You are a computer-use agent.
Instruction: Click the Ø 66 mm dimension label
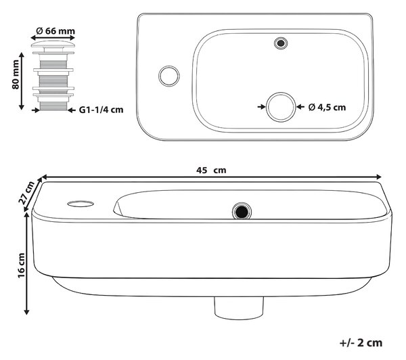click(x=55, y=31)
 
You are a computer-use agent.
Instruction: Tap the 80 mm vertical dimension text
click(x=16, y=74)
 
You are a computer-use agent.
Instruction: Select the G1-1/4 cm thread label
click(x=101, y=110)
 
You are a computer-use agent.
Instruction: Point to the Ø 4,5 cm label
click(x=327, y=107)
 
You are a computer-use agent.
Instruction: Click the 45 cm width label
click(x=211, y=170)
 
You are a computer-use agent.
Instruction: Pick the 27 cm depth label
click(x=26, y=192)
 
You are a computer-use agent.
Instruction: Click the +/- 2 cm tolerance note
click(x=361, y=342)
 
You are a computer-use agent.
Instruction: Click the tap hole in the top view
click(x=169, y=76)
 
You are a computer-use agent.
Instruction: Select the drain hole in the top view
click(x=281, y=107)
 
